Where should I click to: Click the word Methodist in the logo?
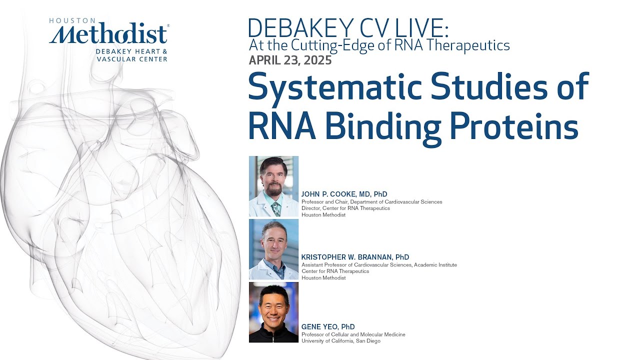tap(109, 35)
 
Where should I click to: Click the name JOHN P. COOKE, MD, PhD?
tap(344, 194)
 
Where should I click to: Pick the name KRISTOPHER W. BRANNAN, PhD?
tap(355, 257)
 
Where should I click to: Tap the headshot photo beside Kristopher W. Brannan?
tap(273, 249)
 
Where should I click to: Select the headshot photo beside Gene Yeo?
tap(273, 312)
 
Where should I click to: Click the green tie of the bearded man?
tap(275, 208)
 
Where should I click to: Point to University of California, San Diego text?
tap(340, 341)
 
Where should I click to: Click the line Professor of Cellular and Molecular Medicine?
tap(353, 334)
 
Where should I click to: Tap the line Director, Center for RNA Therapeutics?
tap(345, 208)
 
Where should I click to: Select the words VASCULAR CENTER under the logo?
tap(132, 59)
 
